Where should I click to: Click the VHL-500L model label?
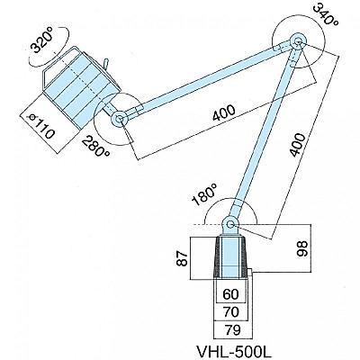pyautogui.click(x=230, y=350)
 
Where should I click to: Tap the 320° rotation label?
pyautogui.click(x=42, y=41)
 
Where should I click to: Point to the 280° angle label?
pyautogui.click(x=96, y=146)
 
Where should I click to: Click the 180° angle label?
pyautogui.click(x=204, y=195)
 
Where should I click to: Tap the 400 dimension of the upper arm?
pyautogui.click(x=224, y=113)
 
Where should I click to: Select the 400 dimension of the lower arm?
pyautogui.click(x=298, y=145)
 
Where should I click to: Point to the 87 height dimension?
pyautogui.click(x=183, y=258)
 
